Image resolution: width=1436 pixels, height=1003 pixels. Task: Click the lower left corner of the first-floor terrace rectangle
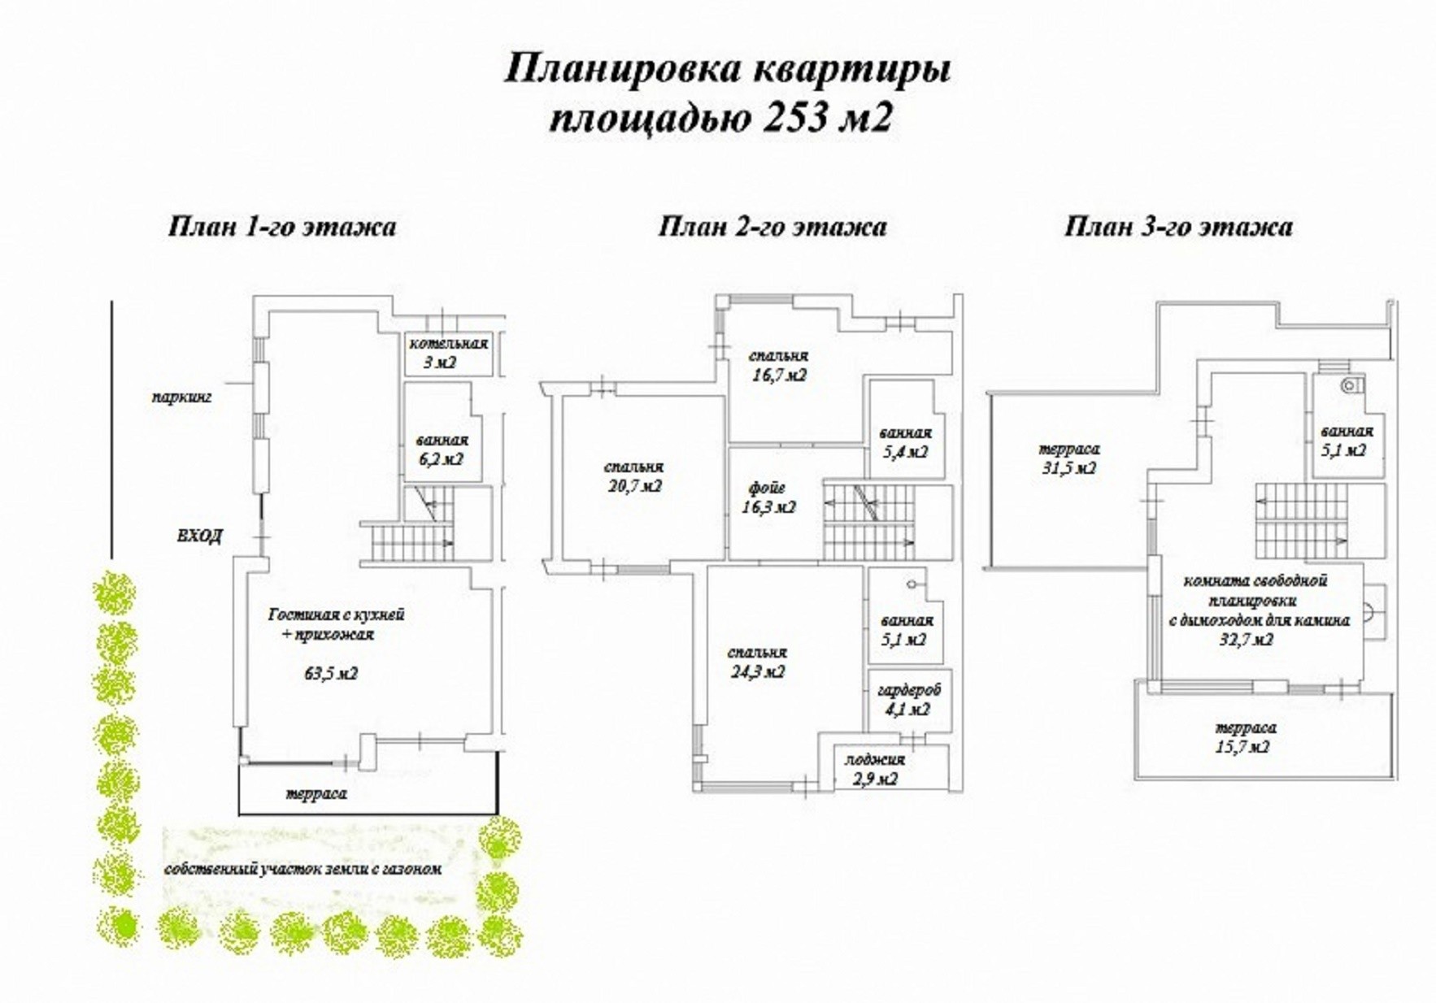(239, 814)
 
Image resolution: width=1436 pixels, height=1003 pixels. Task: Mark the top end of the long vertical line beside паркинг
(111, 300)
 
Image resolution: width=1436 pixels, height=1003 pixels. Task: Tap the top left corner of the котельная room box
(404, 333)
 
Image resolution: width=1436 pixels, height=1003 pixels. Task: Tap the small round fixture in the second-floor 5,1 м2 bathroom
(911, 583)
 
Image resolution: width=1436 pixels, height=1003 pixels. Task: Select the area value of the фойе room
(769, 507)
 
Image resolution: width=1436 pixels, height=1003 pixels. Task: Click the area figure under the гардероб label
(908, 710)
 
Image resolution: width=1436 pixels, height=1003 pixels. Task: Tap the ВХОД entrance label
(199, 536)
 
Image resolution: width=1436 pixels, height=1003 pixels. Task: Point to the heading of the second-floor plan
(772, 226)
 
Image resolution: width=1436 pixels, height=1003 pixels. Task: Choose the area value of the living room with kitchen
(331, 674)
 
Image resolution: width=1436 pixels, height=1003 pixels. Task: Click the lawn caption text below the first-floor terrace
(303, 868)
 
